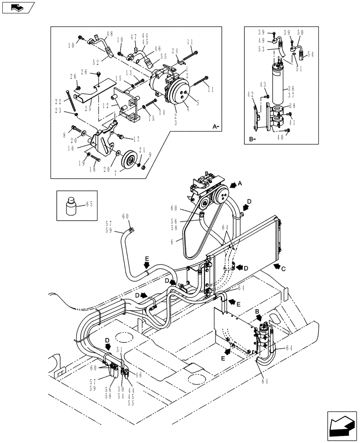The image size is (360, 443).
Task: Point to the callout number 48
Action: (110, 33)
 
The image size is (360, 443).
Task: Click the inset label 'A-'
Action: (216, 127)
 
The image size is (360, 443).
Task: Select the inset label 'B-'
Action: (252, 139)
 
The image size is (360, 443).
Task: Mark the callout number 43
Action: (263, 85)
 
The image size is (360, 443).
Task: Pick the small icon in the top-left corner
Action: (18, 7)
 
